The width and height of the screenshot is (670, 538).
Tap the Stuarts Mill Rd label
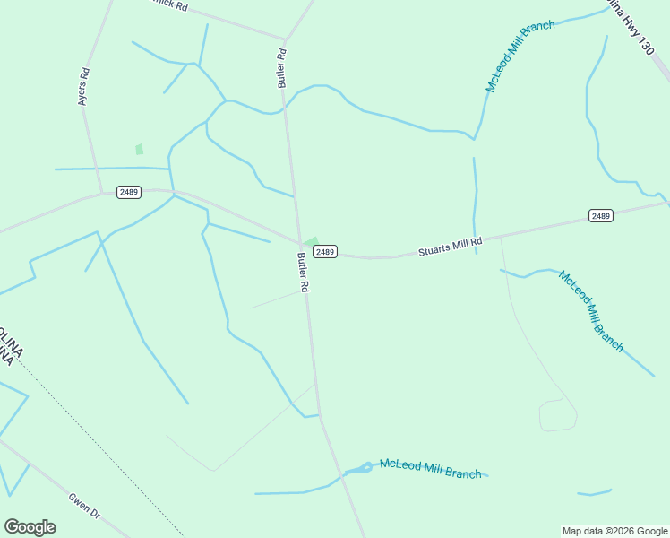(450, 247)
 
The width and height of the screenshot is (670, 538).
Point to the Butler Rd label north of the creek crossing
(281, 67)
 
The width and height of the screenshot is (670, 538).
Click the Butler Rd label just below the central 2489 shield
(303, 273)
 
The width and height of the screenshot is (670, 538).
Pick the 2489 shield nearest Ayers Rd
(128, 192)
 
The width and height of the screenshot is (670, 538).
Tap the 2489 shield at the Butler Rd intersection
(325, 252)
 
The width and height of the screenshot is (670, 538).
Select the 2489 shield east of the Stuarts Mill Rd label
(600, 215)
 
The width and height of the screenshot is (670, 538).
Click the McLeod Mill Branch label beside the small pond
(430, 468)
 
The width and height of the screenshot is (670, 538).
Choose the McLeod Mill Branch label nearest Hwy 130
(520, 56)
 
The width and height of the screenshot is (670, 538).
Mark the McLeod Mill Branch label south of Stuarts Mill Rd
(591, 310)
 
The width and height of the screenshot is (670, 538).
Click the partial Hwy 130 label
(637, 27)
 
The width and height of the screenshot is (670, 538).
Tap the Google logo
(30, 527)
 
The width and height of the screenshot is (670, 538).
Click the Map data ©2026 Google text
(614, 531)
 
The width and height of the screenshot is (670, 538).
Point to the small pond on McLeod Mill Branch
(365, 468)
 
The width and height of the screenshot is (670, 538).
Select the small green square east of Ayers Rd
(139, 150)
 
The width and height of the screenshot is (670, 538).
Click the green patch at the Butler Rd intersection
(311, 242)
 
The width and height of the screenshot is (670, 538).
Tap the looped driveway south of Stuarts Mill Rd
(557, 416)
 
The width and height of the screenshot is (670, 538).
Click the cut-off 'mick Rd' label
(169, 5)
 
